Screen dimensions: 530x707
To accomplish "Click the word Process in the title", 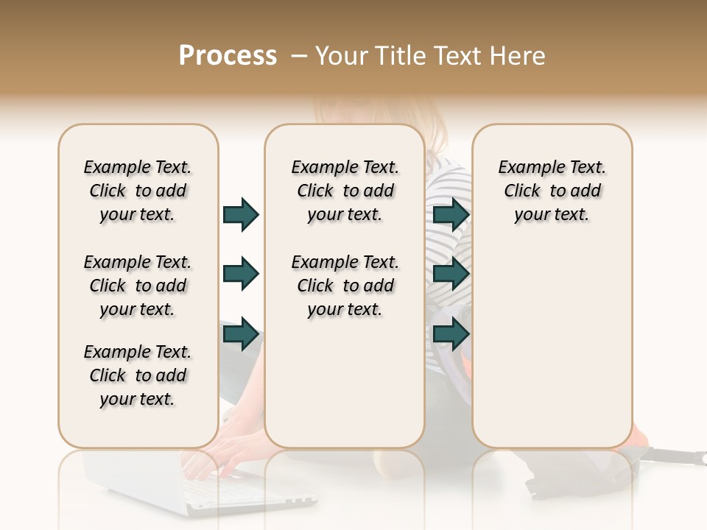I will [228, 56].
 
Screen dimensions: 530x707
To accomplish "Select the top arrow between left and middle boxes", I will [241, 214].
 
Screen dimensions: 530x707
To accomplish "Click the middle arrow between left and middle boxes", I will [241, 274].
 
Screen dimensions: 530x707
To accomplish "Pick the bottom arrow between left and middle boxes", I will [241, 334].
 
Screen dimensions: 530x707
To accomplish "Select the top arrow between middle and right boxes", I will [451, 214].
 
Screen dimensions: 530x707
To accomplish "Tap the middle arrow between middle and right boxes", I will [451, 274].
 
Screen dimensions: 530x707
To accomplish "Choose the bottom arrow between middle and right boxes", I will [451, 334].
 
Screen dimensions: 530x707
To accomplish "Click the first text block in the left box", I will [138, 191].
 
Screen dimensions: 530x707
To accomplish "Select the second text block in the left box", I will [138, 286].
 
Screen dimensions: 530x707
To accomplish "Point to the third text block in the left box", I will [138, 375].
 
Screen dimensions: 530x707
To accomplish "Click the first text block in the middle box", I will [345, 191].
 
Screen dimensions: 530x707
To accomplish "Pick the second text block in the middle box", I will [345, 286].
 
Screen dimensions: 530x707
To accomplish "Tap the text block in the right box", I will [552, 191].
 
